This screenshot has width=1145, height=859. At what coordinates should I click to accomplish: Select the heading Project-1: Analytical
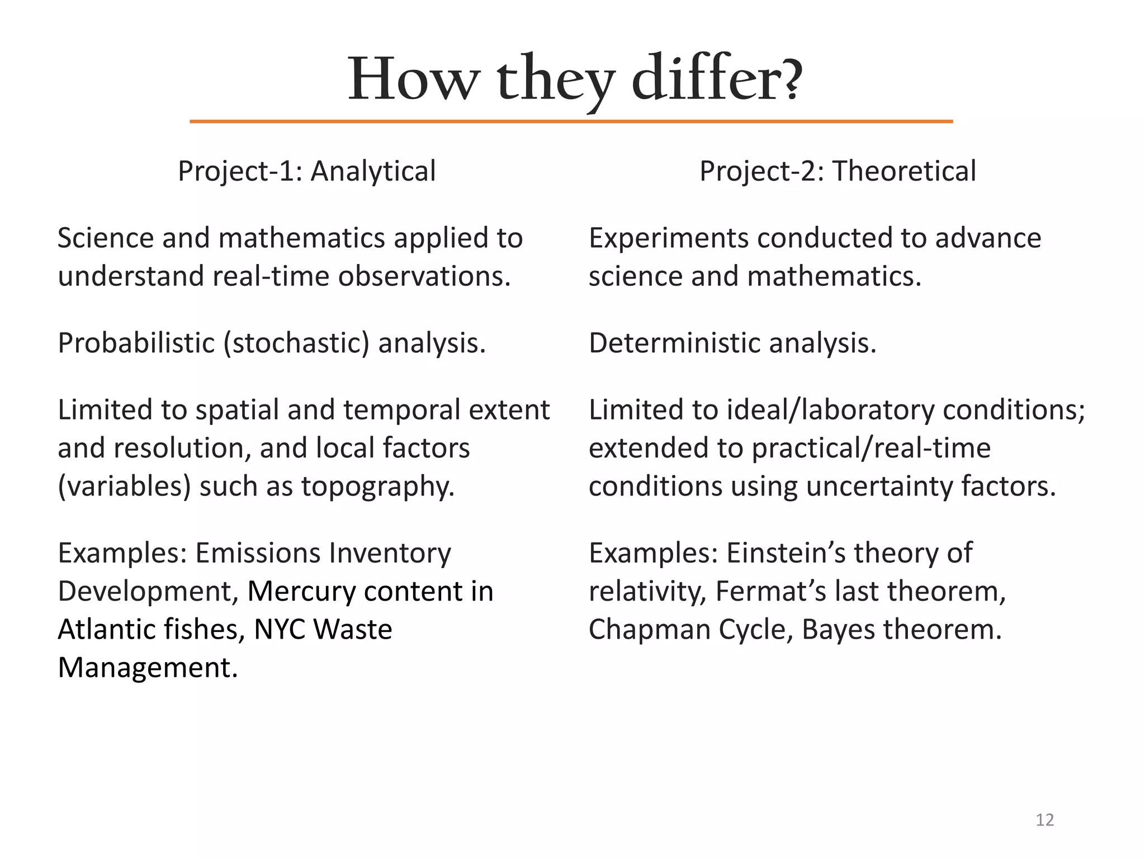306,171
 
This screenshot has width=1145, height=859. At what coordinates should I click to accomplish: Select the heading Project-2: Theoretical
838,171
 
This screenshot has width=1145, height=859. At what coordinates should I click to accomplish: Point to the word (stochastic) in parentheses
296,343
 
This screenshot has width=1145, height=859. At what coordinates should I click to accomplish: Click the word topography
378,486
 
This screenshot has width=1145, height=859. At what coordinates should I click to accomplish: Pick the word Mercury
301,591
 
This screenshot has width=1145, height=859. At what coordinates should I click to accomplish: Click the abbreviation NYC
280,629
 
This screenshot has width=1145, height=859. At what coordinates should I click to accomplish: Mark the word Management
148,668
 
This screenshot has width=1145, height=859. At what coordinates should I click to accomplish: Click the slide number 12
1044,820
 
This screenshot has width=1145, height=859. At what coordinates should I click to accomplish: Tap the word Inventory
390,553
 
